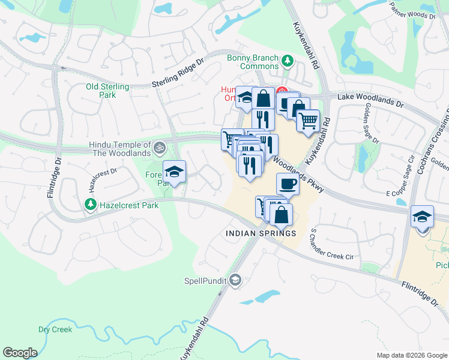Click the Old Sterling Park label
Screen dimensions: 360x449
[107, 91]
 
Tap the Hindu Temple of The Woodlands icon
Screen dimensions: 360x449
[159, 146]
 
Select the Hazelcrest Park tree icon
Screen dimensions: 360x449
[90, 205]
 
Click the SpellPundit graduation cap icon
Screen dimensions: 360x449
[236, 280]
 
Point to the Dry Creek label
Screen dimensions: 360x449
[55, 329]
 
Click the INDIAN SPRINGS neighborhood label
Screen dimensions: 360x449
[261, 233]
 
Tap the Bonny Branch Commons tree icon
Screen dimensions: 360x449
[288, 59]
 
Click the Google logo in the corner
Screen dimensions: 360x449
[20, 353]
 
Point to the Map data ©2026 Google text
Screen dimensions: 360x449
[411, 355]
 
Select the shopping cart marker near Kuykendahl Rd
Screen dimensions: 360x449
[309, 121]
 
